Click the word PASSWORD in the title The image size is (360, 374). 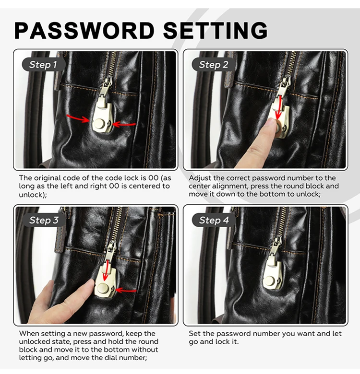coord(85,30)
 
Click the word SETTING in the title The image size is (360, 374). coord(216,30)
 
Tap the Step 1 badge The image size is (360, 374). coord(43,64)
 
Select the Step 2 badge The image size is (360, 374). coord(214,64)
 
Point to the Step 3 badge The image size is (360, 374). coord(44,220)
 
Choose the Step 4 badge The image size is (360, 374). coord(214,220)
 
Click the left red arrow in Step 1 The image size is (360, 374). coord(78,118)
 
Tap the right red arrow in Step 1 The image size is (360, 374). coord(124,124)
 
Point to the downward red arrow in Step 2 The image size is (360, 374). coord(278,107)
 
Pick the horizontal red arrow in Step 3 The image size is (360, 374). coord(126,291)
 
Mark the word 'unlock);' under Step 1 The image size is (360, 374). coord(33,195)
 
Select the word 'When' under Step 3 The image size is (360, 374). coord(27,333)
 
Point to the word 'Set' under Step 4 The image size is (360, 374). coord(194,333)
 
